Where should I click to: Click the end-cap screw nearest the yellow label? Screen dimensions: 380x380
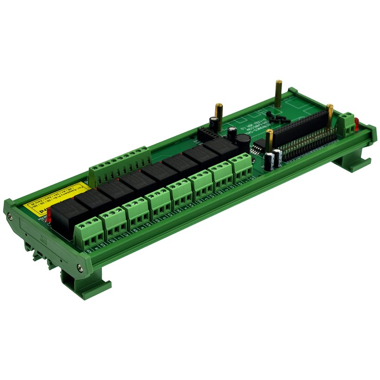10,217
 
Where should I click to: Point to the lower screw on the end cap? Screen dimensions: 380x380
80,268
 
